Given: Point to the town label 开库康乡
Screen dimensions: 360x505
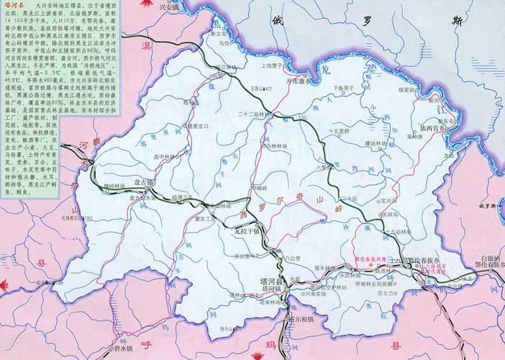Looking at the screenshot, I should pyautogui.click(x=319, y=81).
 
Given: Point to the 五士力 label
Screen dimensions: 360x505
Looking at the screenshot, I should pyautogui.click(x=407, y=294).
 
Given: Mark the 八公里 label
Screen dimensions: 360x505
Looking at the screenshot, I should pyautogui.click(x=291, y=256).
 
